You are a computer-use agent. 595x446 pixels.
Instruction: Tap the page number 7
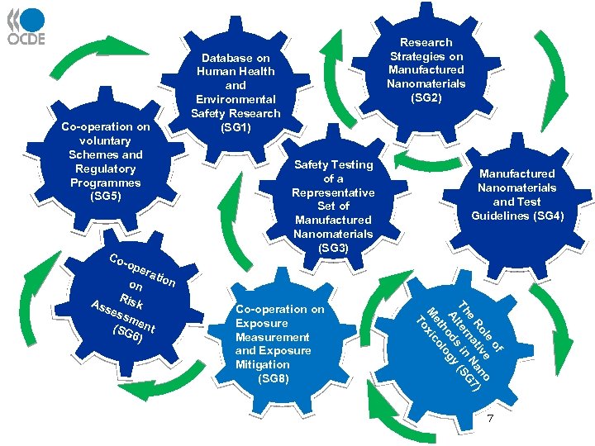coord(490,419)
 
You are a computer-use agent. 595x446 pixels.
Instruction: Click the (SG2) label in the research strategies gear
coord(426,97)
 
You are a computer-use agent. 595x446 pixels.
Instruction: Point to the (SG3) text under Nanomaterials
coord(333,248)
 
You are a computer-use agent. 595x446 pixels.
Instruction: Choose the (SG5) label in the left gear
coord(106,197)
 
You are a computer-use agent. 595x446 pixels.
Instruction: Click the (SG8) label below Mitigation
coord(274,378)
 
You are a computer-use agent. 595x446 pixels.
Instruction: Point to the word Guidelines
coord(502,216)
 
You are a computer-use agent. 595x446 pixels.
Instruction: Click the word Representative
coord(333,192)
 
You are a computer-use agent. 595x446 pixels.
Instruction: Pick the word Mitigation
coord(262,364)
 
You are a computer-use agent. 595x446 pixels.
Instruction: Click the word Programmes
coord(106,183)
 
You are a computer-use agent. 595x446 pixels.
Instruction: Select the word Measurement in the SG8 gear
coord(273,337)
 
